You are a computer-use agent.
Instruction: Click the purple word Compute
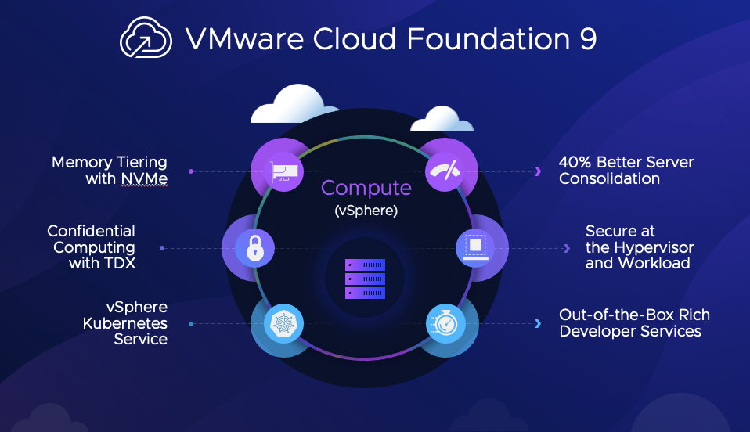pyautogui.click(x=366, y=188)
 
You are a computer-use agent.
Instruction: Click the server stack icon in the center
pyautogui.click(x=366, y=278)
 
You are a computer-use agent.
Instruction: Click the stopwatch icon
pyautogui.click(x=441, y=323)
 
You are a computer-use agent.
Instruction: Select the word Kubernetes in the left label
pyautogui.click(x=124, y=323)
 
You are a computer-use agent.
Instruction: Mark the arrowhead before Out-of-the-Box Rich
pyautogui.click(x=538, y=323)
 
